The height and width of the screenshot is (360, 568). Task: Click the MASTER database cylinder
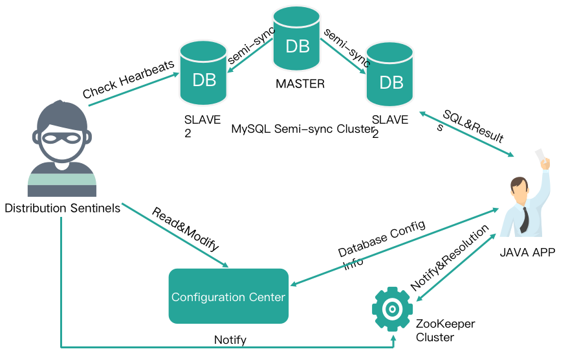pyautogui.click(x=297, y=39)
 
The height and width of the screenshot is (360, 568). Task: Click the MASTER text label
pyautogui.click(x=300, y=84)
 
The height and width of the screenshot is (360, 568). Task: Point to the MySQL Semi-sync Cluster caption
pyautogui.click(x=302, y=129)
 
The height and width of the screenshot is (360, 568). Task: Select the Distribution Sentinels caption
pyautogui.click(x=62, y=208)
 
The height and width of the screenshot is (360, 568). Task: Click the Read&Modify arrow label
pyautogui.click(x=186, y=229)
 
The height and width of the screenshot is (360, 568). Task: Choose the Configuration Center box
pyautogui.click(x=228, y=297)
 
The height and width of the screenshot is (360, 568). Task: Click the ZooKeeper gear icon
pyautogui.click(x=393, y=309)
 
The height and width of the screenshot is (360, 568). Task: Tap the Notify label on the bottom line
pyautogui.click(x=230, y=339)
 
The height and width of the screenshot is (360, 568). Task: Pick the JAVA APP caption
pyautogui.click(x=527, y=252)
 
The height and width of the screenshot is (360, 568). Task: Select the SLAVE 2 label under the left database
pyautogui.click(x=202, y=126)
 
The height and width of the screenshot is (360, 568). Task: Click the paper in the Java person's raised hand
pyautogui.click(x=540, y=156)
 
